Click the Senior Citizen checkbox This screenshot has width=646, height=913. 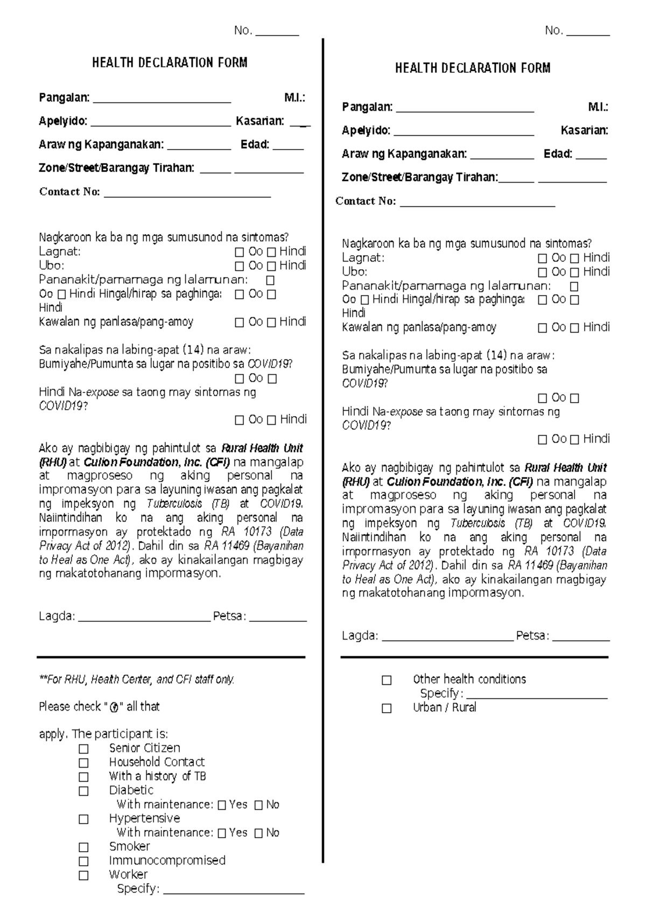click(83, 749)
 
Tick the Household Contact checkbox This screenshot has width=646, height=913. click(83, 763)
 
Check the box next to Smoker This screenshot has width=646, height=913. click(83, 847)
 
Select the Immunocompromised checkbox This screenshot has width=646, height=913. click(83, 861)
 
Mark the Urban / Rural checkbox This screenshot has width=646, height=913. click(387, 708)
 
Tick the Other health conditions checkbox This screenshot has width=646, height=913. click(387, 680)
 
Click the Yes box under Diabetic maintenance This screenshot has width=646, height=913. click(222, 805)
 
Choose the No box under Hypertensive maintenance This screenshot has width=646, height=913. click(258, 833)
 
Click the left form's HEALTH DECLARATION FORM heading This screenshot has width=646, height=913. click(170, 62)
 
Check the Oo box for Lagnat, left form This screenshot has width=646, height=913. click(240, 252)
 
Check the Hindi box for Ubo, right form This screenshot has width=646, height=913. click(574, 272)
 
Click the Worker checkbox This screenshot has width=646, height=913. click(83, 875)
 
